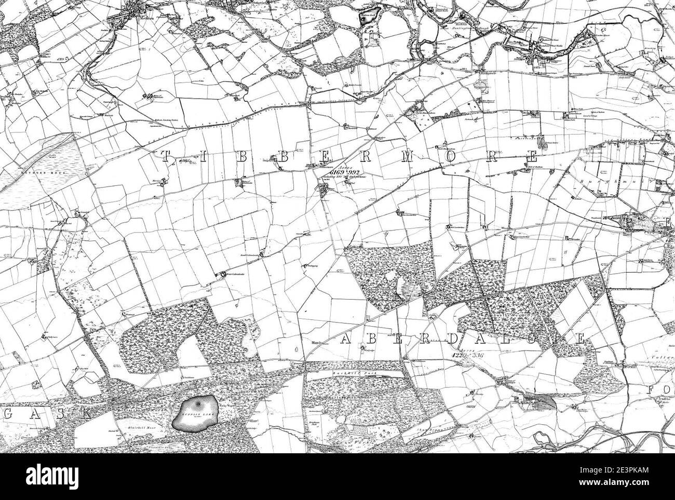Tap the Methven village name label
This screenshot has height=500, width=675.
(136, 15)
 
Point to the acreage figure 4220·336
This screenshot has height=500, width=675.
(460, 356)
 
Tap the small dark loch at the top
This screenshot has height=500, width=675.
(370, 19)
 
